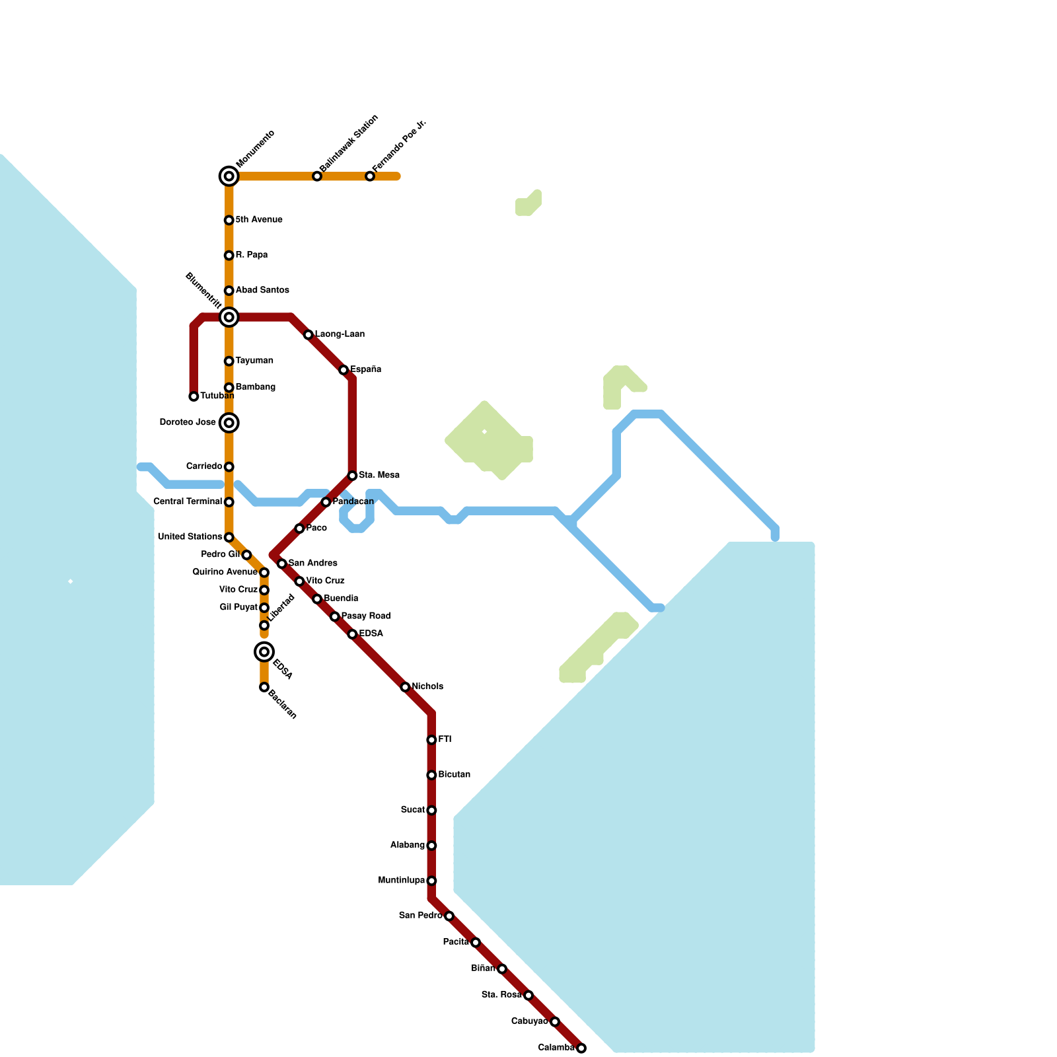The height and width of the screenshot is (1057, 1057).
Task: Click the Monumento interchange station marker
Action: click(x=229, y=176)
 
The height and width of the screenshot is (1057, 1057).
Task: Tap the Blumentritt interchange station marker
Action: click(x=229, y=317)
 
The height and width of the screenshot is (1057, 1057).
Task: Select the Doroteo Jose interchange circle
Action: click(x=229, y=423)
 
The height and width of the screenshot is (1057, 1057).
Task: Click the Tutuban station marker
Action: click(x=194, y=396)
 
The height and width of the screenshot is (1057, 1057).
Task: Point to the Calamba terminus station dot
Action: click(x=581, y=1048)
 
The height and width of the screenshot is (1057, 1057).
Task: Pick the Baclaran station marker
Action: click(x=264, y=687)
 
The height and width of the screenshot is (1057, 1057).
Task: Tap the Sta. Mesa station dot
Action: click(x=352, y=476)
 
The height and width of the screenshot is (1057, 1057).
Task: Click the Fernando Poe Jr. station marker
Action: click(x=370, y=176)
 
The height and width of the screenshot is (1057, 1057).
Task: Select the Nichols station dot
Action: click(x=405, y=687)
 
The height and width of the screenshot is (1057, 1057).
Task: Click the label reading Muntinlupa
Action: click(x=401, y=881)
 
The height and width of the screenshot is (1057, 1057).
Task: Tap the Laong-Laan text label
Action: click(x=340, y=334)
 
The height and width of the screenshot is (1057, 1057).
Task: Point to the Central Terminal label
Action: click(x=188, y=502)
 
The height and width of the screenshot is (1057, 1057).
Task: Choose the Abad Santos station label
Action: click(x=262, y=290)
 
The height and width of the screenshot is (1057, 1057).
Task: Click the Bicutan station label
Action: click(x=454, y=774)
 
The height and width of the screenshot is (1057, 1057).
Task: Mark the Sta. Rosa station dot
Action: click(x=528, y=995)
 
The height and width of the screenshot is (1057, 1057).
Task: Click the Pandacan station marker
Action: click(x=326, y=502)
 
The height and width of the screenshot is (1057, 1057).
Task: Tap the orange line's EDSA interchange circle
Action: click(x=264, y=652)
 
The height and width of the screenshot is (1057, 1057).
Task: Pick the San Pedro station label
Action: click(x=420, y=916)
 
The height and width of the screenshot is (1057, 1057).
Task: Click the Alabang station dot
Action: click(x=431, y=846)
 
